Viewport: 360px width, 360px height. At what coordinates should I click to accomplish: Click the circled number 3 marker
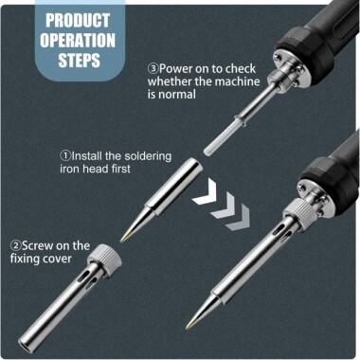(x=153, y=69)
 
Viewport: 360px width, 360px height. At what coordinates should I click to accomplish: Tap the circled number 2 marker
(x=15, y=245)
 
